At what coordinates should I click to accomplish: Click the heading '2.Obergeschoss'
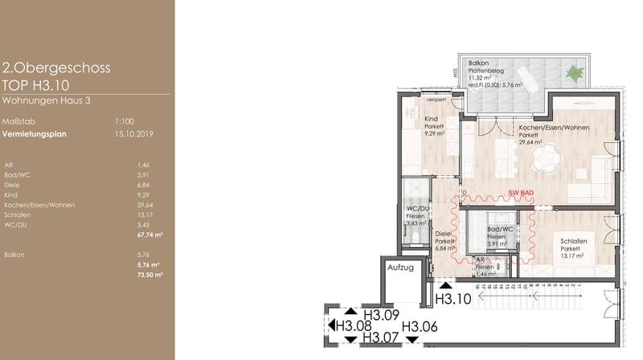click(x=56, y=68)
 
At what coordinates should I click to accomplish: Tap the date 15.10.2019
click(x=134, y=134)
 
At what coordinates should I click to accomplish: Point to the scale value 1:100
click(x=124, y=121)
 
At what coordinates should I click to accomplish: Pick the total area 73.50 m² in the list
click(x=150, y=274)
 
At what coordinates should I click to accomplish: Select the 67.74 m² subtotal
click(x=150, y=235)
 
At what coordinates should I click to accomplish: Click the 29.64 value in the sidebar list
click(x=145, y=205)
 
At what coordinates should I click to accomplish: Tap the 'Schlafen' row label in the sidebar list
click(x=17, y=215)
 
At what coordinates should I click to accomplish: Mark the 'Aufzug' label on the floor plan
click(x=399, y=267)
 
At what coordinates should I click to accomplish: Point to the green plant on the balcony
click(x=575, y=73)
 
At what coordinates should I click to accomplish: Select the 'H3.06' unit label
click(x=420, y=325)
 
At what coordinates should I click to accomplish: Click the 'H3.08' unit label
click(x=354, y=325)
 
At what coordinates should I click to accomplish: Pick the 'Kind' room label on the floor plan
click(x=431, y=119)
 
